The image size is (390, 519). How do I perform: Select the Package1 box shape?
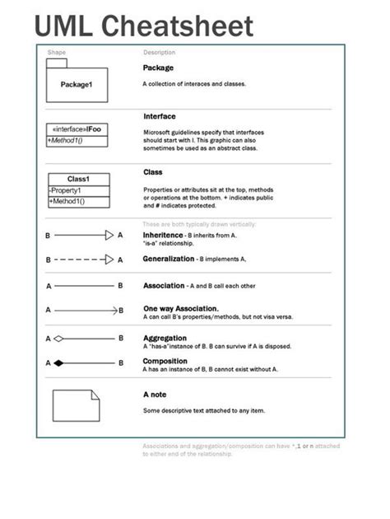pos(77,84)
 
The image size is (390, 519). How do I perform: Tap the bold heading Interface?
pos(159,117)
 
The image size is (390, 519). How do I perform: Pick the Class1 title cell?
pos(78,179)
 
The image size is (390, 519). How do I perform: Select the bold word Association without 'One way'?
pos(164,286)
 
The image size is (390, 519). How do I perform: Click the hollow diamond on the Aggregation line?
pos(58,338)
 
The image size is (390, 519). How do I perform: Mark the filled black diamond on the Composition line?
pos(58,362)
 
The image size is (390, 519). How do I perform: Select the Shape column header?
pos(57,53)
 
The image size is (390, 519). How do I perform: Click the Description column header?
pos(160,53)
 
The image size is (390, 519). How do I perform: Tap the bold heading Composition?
pos(165,361)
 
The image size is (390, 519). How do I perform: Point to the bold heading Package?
pos(158,68)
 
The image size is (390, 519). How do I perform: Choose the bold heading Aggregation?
pos(165,338)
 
